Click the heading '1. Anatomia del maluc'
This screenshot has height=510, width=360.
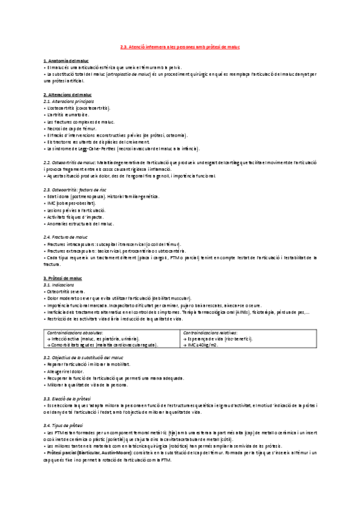pyautogui.click(x=66, y=62)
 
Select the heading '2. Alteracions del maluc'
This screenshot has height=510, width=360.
pyautogui.click(x=67, y=95)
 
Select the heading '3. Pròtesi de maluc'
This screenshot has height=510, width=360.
pyautogui.click(x=63, y=278)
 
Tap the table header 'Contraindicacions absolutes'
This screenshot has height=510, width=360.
pyautogui.click(x=75, y=332)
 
